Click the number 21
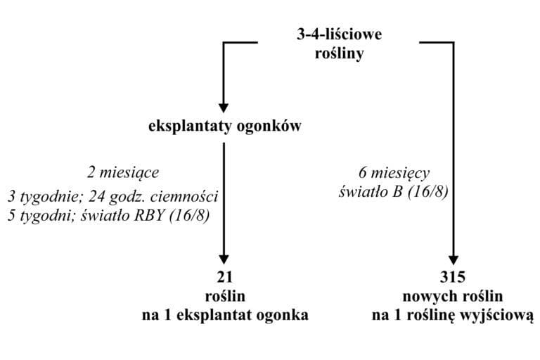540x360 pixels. tap(224, 276)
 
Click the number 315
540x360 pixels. tap(454, 276)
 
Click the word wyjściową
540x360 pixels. tap(501, 315)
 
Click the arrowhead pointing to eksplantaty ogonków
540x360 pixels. tap(224, 108)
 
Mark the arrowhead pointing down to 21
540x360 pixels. tap(224, 257)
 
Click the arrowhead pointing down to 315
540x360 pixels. tap(454, 257)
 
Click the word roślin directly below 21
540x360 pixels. tap(224, 295)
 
